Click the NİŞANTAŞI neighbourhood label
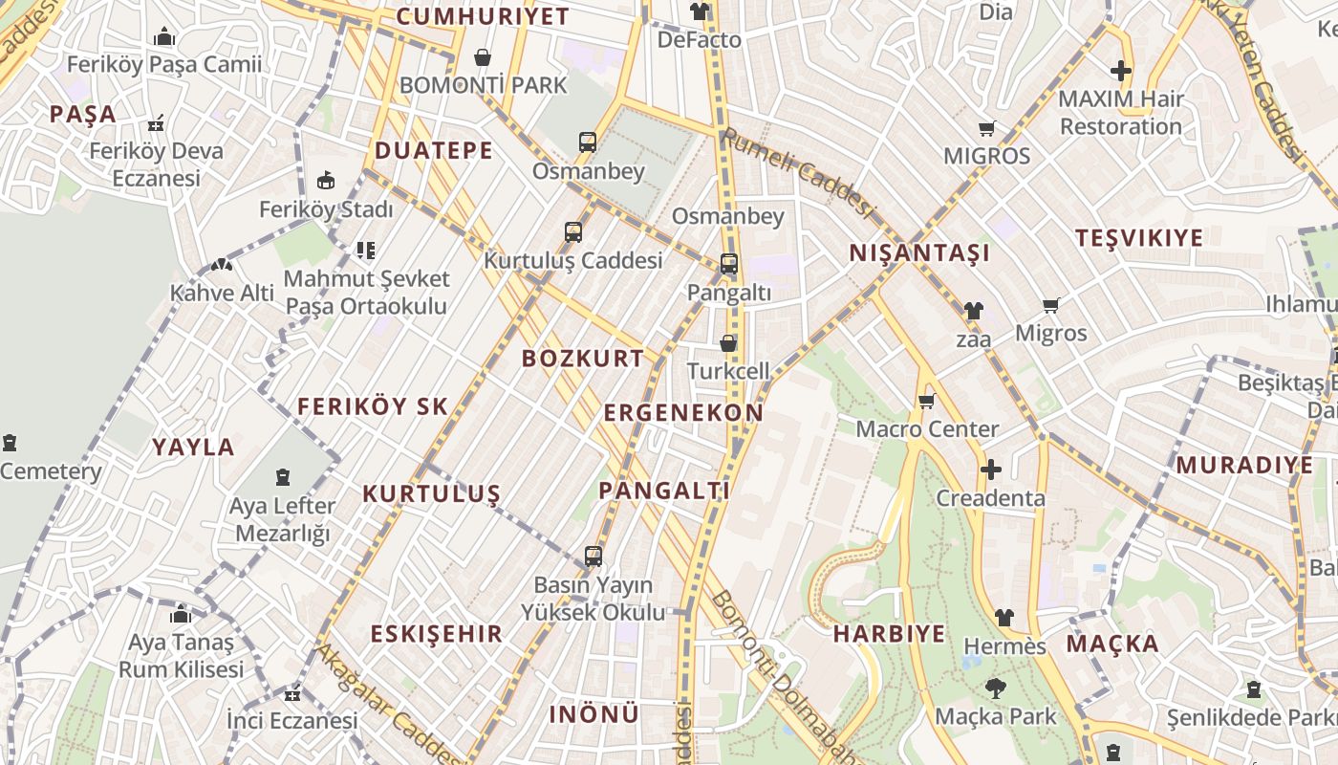pos(919,253)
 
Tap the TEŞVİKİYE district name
pos(1138,238)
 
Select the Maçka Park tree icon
pos(995,688)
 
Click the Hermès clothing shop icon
pos(1003,618)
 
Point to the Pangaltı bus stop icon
pos(728,264)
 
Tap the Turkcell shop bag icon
pos(728,343)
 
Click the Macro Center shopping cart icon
pos(925,401)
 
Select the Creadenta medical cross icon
pos(991,470)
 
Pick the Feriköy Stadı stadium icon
pos(326,180)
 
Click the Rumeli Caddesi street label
pos(797,173)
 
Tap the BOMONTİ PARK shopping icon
pos(483,57)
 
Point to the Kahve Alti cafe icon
pos(222,264)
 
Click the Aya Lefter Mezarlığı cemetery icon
pos(283,476)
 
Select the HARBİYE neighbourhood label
pos(889,634)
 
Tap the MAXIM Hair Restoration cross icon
pos(1120,70)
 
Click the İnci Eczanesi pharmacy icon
pos(292,694)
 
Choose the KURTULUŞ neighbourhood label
pos(431,494)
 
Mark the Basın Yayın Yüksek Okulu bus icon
pos(593,556)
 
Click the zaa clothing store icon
pos(973,310)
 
